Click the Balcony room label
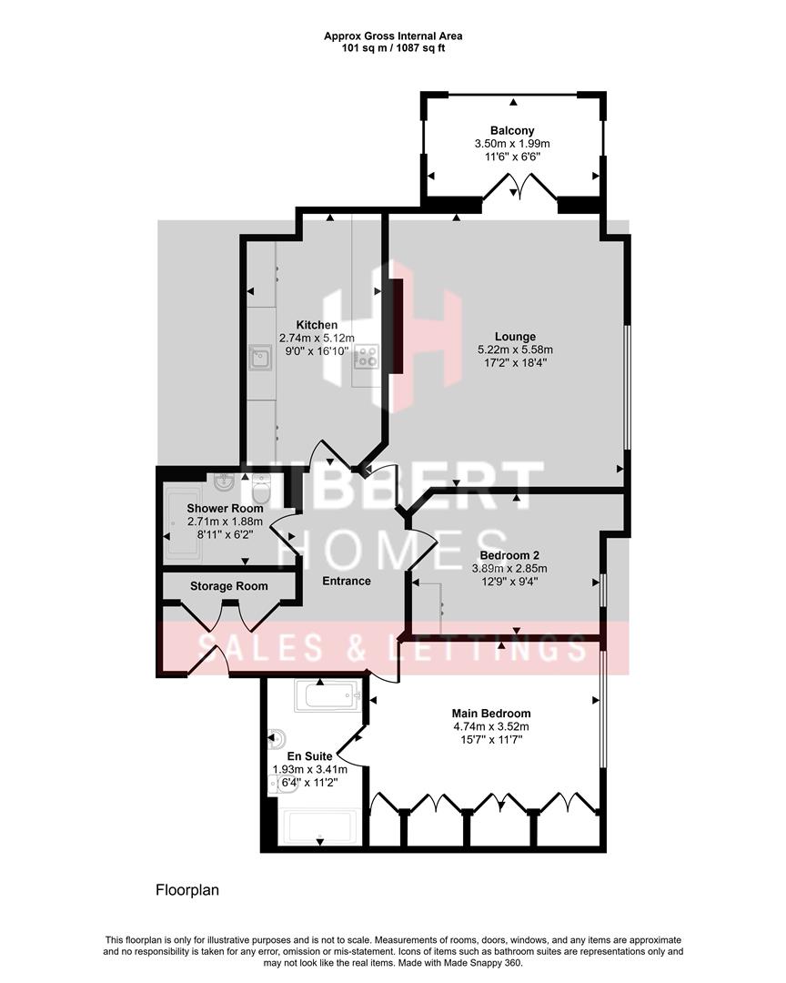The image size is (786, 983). click(511, 130)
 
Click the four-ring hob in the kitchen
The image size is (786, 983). click(367, 357)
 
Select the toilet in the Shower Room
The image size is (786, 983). click(262, 489)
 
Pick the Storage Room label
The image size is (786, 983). click(228, 586)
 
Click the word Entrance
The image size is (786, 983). click(347, 581)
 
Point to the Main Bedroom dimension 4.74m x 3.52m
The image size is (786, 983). click(491, 726)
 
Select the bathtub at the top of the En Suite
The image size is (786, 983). click(328, 697)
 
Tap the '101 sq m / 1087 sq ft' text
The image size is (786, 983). click(393, 47)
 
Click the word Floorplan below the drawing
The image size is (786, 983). click(186, 889)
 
